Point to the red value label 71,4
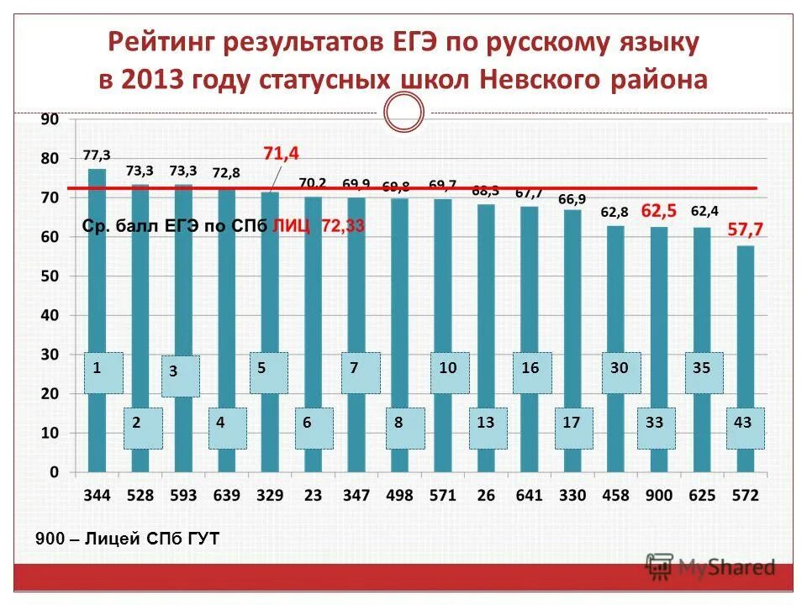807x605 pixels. [x=281, y=153]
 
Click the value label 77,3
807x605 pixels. [x=97, y=155]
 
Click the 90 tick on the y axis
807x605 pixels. [x=50, y=119]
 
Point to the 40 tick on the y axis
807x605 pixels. [x=50, y=315]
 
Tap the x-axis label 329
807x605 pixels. [x=270, y=495]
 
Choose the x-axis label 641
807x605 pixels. [x=529, y=495]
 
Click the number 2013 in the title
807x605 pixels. [x=153, y=80]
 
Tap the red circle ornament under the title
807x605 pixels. [x=403, y=111]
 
